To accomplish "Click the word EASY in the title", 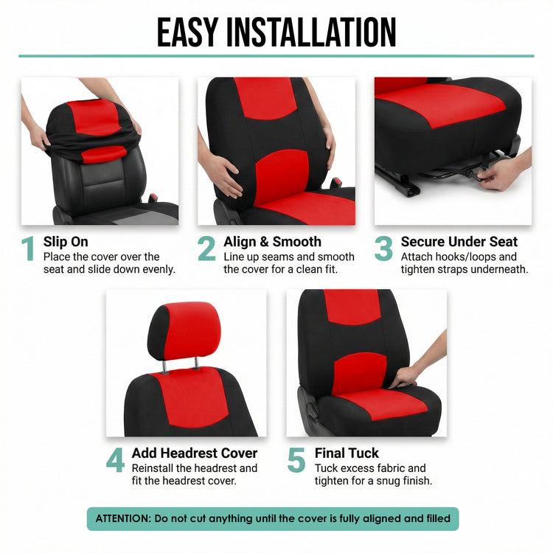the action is [187, 32].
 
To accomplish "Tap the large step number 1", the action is [28, 248].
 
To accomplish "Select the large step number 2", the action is [206, 248].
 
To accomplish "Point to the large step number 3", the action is [383, 248].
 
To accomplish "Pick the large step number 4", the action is [115, 460].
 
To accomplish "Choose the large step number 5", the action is [296, 460].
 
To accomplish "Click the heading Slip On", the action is [66, 242].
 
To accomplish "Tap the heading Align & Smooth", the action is [272, 242].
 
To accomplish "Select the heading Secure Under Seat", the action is [459, 242].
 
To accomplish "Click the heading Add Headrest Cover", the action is [195, 453].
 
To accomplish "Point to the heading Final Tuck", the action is [347, 453].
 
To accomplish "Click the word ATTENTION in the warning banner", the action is [123, 518].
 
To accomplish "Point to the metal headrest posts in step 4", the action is [181, 364].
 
